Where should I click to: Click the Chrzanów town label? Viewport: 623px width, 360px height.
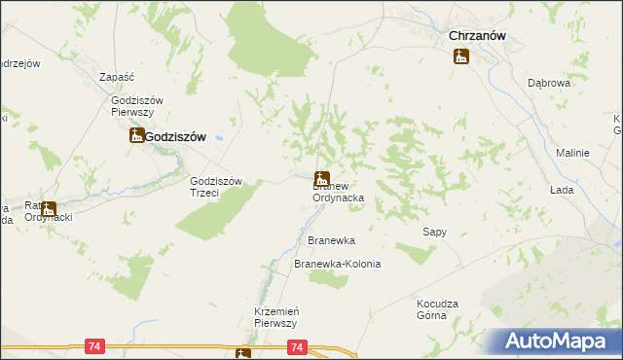[481, 36]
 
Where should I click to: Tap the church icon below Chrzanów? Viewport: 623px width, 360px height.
[460, 56]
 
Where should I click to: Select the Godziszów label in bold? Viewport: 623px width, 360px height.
[176, 137]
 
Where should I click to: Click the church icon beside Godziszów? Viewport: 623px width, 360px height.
[137, 136]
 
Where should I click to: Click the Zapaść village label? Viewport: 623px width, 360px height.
[117, 76]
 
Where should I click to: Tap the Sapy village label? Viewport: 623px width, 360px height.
[434, 232]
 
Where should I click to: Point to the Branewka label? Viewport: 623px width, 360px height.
[331, 239]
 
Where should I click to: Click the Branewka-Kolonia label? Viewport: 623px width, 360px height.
[337, 265]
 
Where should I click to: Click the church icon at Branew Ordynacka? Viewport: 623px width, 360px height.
[321, 179]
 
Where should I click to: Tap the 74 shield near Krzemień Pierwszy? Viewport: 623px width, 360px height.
[298, 346]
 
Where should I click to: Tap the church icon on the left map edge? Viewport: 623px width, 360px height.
[47, 208]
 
